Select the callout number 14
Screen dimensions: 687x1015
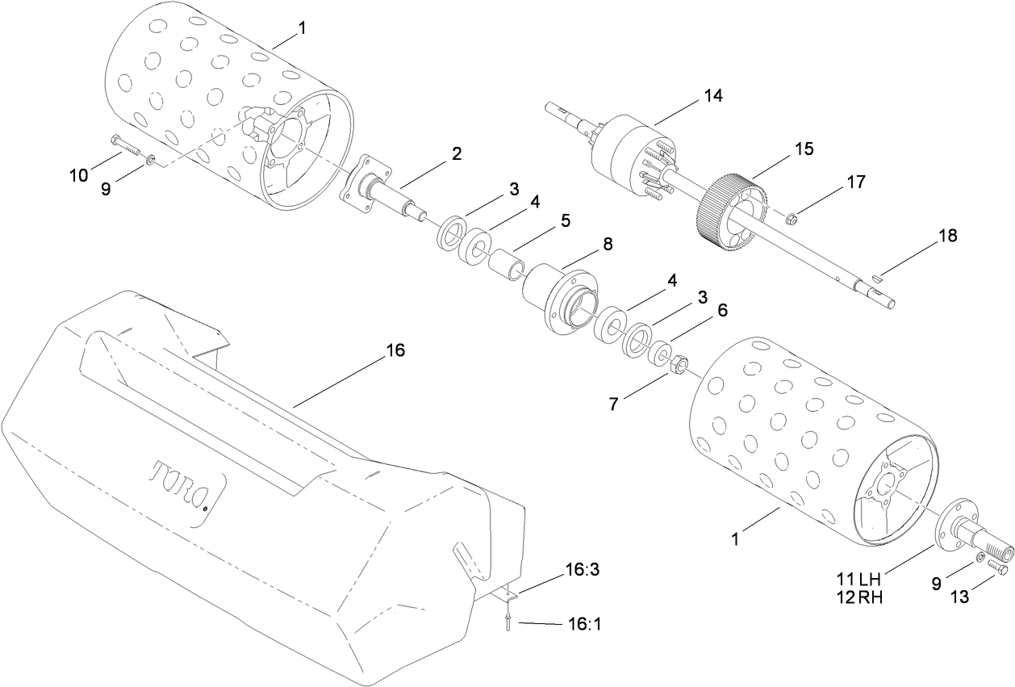point(712,95)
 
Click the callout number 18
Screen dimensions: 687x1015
point(947,236)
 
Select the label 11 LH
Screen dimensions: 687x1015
point(857,579)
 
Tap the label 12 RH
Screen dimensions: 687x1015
point(857,597)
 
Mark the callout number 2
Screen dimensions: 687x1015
point(457,153)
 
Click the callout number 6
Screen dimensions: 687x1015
point(722,309)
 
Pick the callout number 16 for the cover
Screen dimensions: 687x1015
point(395,350)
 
